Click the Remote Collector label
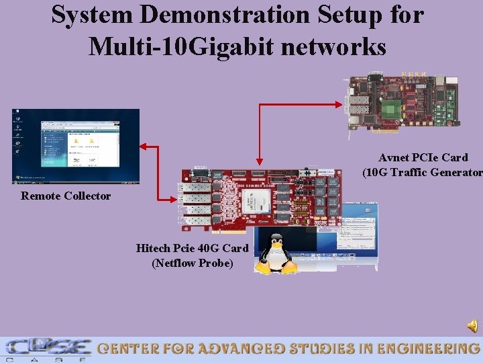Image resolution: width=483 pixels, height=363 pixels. coord(66,196)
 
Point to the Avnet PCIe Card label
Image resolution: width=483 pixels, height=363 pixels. coord(423,157)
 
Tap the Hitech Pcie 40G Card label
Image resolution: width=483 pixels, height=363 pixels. coord(192,248)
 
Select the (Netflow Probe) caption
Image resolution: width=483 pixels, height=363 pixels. coord(193,263)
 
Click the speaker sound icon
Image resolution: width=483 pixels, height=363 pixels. coord(473,326)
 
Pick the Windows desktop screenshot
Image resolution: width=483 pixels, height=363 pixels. coord(76,146)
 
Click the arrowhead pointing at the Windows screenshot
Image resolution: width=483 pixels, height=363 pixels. coord(143,146)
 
